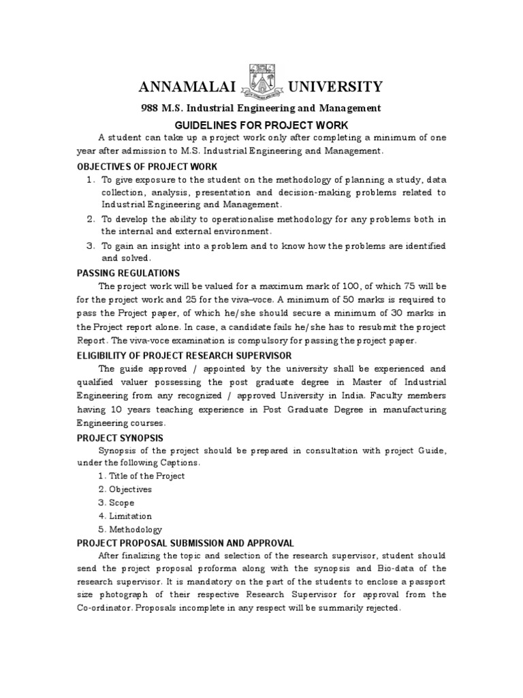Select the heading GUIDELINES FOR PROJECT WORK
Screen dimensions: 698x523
click(x=261, y=125)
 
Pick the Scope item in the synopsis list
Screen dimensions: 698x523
click(x=122, y=502)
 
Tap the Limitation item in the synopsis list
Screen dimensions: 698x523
click(x=130, y=516)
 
